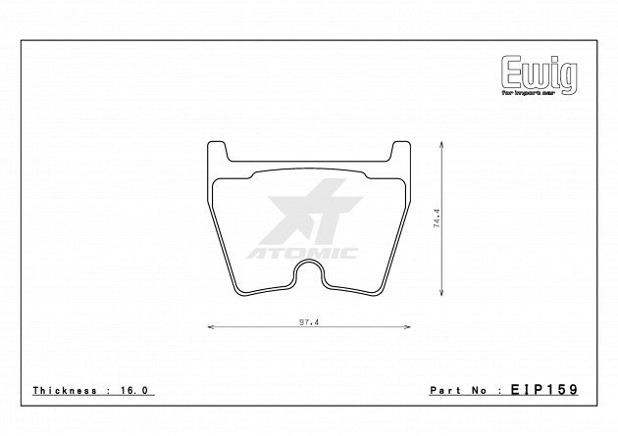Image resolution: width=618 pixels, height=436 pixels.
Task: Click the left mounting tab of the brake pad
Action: tap(218, 154)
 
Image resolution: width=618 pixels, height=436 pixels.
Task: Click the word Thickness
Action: tap(63, 390)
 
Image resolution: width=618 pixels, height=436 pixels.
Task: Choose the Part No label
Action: tap(460, 390)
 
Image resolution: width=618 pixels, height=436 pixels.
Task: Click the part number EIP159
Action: tap(544, 390)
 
